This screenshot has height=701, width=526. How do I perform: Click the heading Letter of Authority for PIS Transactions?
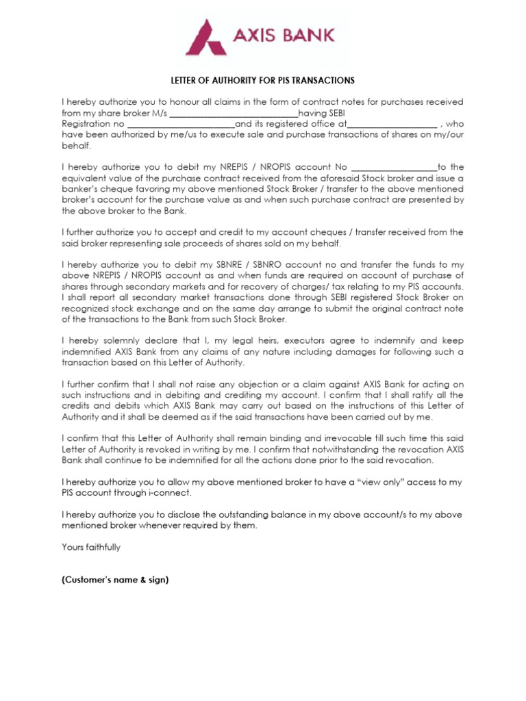(x=262, y=80)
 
